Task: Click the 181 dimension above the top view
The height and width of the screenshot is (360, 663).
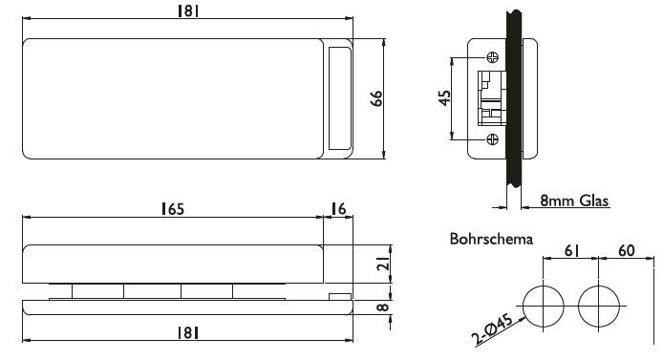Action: [x=188, y=11]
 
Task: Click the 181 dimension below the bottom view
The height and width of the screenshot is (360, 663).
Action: [x=188, y=333]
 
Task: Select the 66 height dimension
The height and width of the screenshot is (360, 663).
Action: [x=376, y=98]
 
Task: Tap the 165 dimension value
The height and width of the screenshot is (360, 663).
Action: [x=173, y=209]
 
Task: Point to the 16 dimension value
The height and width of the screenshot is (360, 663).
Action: [x=338, y=209]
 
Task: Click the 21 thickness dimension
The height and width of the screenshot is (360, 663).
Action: [x=383, y=265]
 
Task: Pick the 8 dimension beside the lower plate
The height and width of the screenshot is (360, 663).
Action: [x=382, y=307]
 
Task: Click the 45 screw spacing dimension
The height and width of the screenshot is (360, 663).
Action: [x=444, y=98]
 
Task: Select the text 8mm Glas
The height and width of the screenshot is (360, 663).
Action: [x=574, y=201]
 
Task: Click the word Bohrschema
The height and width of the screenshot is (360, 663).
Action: [x=491, y=239]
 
